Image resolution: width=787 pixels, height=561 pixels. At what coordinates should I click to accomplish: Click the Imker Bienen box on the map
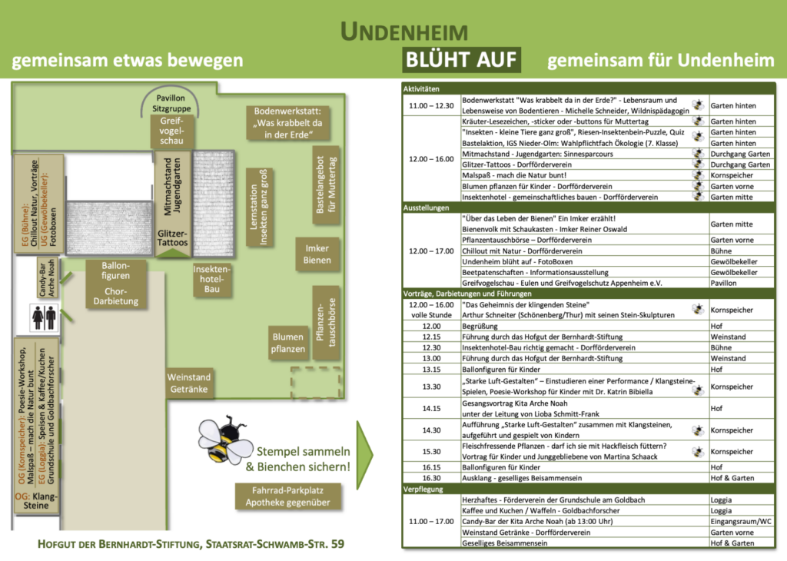317,254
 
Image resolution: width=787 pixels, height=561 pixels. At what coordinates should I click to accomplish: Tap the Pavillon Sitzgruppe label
171,104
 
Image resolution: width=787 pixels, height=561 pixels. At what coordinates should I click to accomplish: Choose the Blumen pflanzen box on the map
287,342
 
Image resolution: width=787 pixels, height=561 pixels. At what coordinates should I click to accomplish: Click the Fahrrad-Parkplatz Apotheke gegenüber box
287,496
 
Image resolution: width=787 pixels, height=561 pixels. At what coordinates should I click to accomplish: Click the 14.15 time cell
431,408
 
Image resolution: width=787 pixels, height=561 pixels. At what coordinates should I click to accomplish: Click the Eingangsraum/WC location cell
741,521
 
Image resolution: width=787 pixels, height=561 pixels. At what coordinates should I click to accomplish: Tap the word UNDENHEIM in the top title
403,32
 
